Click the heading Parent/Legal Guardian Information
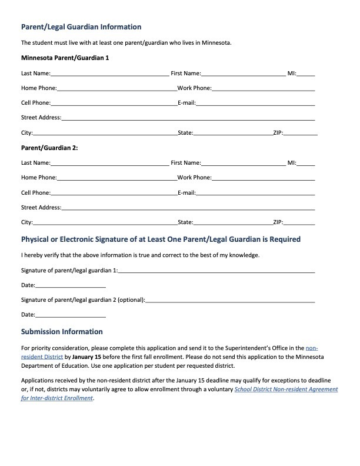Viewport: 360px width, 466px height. [81, 27]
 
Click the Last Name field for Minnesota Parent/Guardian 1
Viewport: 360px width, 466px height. [109, 74]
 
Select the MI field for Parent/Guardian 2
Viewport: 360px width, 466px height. [306, 162]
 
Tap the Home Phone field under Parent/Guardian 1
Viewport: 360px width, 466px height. [116, 88]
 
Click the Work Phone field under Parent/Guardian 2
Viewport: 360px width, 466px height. [263, 178]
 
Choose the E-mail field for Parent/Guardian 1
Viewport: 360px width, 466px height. [255, 103]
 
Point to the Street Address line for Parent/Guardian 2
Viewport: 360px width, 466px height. [188, 208]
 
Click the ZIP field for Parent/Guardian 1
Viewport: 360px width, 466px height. [300, 133]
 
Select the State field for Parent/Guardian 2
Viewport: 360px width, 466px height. [232, 223]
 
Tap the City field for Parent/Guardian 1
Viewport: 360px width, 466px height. [105, 133]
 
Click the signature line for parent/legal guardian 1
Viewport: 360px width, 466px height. [216, 271]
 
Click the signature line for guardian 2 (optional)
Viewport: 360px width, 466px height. [230, 300]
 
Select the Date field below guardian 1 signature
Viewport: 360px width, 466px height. [71, 285]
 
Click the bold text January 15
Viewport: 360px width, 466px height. [86, 357]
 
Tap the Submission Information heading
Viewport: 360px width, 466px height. [62, 332]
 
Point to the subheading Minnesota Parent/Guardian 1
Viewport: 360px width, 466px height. [65, 58]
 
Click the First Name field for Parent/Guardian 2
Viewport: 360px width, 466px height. [243, 162]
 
